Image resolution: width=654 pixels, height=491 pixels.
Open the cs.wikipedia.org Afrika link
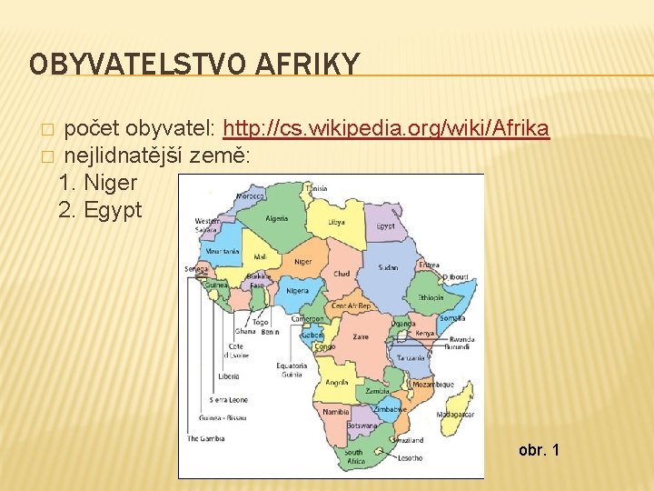point(385,128)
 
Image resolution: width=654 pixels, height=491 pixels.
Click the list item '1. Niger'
point(97,183)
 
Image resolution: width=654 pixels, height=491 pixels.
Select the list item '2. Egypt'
point(100,210)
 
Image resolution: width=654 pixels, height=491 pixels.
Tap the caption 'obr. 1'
point(539,450)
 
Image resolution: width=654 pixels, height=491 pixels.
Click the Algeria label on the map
point(276,218)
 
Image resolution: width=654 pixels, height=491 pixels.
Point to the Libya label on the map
point(336,222)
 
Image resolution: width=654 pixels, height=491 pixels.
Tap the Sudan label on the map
point(388,268)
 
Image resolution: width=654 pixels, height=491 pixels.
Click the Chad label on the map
point(342,274)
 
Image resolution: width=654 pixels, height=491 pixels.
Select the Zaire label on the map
point(362,336)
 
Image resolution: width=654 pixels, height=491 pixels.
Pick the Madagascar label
point(455,414)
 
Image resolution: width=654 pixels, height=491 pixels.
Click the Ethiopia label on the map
point(431,297)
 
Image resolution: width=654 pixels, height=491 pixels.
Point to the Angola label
point(336,383)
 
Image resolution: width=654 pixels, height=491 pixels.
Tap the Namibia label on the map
point(336,412)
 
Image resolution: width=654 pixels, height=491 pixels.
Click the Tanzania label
point(411,358)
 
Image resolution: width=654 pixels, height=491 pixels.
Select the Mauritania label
point(223,251)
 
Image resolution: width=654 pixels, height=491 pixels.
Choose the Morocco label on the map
point(250,195)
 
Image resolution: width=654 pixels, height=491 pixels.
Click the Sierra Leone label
point(228,400)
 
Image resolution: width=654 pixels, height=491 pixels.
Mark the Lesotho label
point(410,457)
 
